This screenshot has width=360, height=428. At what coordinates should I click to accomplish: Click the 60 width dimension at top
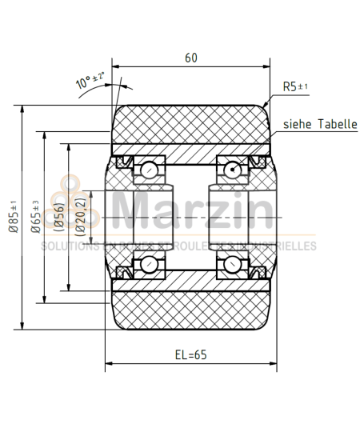pyautogui.click(x=190, y=58)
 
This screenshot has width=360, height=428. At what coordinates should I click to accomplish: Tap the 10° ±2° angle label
pyautogui.click(x=91, y=80)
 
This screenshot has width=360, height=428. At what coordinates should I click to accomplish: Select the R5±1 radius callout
pyautogui.click(x=295, y=86)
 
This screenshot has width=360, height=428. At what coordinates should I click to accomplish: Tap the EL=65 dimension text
pyautogui.click(x=190, y=355)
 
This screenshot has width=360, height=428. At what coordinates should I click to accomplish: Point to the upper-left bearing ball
pyautogui.click(x=149, y=169)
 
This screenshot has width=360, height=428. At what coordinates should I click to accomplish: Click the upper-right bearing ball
pyautogui.click(x=232, y=169)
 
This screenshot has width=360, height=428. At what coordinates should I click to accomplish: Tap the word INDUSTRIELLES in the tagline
pyautogui.click(x=283, y=246)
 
